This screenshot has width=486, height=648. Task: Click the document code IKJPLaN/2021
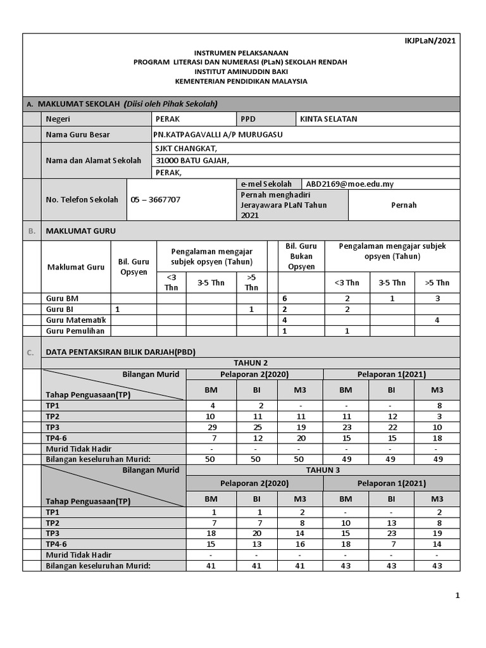click(430, 41)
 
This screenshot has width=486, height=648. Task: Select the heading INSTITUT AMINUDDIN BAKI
click(240, 72)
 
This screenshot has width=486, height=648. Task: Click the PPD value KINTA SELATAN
click(328, 119)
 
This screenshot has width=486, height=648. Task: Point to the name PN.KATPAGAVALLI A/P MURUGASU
click(218, 134)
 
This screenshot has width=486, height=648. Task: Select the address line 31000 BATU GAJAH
click(192, 160)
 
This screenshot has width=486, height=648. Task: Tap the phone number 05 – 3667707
click(156, 199)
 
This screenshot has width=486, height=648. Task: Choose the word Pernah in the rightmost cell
click(404, 205)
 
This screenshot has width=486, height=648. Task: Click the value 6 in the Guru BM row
click(285, 298)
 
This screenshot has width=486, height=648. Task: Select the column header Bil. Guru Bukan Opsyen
click(301, 256)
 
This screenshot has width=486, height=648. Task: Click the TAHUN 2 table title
click(251, 363)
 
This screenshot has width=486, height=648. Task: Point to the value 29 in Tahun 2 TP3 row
click(211, 427)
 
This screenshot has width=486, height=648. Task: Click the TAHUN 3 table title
click(323, 470)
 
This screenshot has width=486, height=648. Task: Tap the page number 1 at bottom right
click(457, 595)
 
